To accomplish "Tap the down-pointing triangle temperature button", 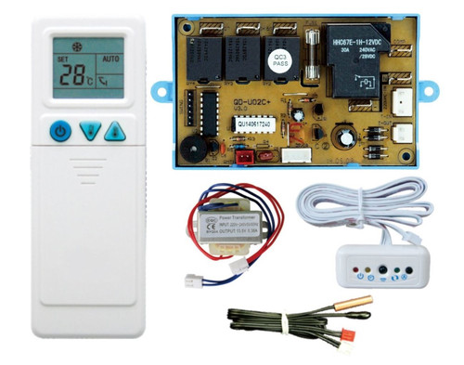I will [x=88, y=132].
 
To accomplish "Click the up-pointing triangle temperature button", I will [x=114, y=132].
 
